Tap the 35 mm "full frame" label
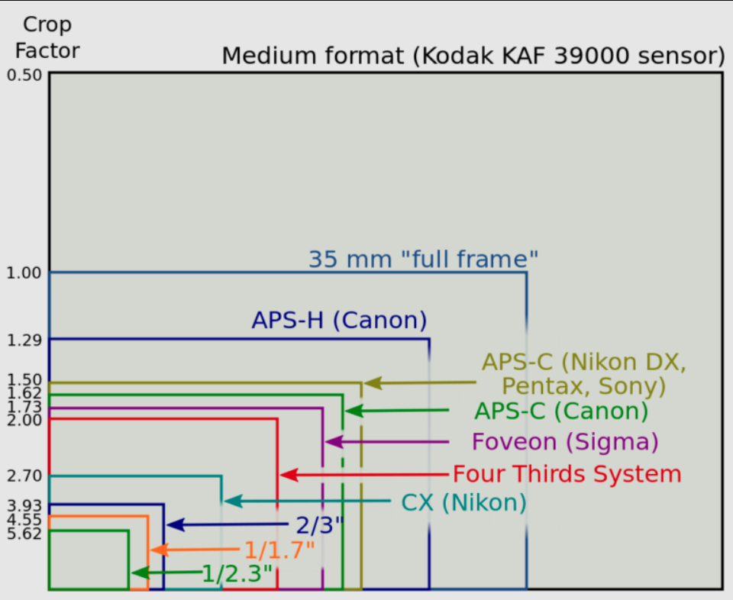pos(423,259)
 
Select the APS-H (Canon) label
pos(339,321)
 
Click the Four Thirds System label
pos(567,474)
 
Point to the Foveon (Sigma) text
pos(564,442)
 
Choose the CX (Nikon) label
pos(463,503)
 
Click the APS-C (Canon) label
pos(560,411)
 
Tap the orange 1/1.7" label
pos(279,550)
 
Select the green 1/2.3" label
pos(237,573)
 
